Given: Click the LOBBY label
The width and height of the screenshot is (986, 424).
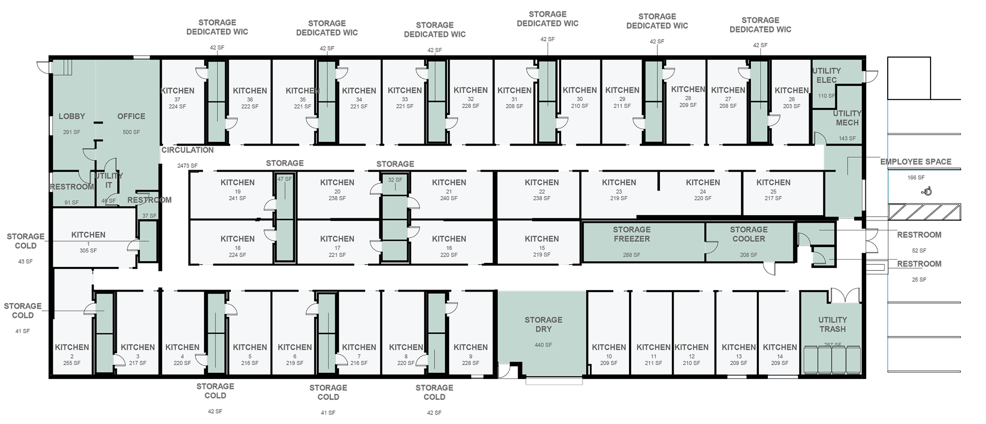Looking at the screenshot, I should [x=72, y=116].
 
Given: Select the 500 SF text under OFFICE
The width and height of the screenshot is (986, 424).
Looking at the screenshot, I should [x=131, y=132].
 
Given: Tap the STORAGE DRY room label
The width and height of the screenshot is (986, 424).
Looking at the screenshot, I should [x=543, y=325].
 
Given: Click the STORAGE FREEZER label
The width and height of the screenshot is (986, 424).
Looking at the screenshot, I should [x=632, y=234].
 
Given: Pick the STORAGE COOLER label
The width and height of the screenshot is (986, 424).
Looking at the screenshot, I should [x=748, y=234].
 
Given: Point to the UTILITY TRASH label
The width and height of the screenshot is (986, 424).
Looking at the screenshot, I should [x=832, y=325].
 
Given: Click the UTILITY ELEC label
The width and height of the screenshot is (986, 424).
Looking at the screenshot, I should [x=826, y=75].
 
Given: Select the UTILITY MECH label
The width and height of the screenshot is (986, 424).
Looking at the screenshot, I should [x=847, y=118].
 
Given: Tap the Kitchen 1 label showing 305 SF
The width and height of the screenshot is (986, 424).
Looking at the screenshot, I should [x=88, y=235].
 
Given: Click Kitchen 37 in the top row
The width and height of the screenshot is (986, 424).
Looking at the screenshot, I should [x=177, y=91].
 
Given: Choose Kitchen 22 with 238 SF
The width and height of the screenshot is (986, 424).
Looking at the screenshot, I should [x=542, y=183].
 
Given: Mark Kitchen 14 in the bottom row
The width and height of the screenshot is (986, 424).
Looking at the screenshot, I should [x=780, y=347].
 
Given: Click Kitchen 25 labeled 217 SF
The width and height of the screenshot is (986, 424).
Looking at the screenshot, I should [x=773, y=183].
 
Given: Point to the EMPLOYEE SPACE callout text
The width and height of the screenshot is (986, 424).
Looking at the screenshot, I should [x=916, y=162].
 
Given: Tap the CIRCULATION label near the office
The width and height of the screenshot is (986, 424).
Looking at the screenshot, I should [x=187, y=150].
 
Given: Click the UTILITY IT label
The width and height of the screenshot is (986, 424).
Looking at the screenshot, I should [x=108, y=180].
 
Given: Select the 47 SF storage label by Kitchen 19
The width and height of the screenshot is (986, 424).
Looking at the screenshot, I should [x=284, y=179].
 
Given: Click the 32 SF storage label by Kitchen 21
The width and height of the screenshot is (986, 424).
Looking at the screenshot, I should [x=395, y=180].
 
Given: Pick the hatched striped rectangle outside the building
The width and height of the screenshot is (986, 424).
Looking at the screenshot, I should [x=924, y=212].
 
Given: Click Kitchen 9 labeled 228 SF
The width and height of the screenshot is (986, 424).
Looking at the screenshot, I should [x=470, y=347].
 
